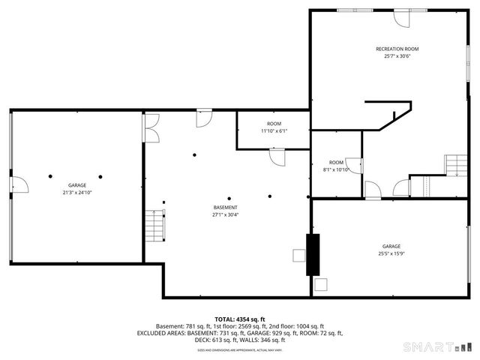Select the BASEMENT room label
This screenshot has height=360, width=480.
[x=225, y=207]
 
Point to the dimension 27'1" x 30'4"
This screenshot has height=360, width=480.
[x=225, y=214]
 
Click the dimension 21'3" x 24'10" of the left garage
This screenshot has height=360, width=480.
[x=77, y=192]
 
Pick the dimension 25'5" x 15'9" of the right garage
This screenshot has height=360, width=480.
[x=391, y=253]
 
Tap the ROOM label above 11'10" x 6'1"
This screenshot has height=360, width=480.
[x=274, y=123]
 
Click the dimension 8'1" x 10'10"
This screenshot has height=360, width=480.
[x=336, y=169]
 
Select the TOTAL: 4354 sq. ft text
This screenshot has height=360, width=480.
[x=240, y=319]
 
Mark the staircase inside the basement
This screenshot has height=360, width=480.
[x=155, y=225]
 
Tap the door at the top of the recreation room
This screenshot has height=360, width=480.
[x=403, y=16]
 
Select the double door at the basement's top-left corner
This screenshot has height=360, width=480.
[x=151, y=128]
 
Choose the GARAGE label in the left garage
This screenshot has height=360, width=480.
[x=77, y=184]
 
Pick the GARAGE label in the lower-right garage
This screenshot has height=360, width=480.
[x=391, y=246]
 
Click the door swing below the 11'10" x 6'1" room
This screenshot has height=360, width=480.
[x=277, y=156]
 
